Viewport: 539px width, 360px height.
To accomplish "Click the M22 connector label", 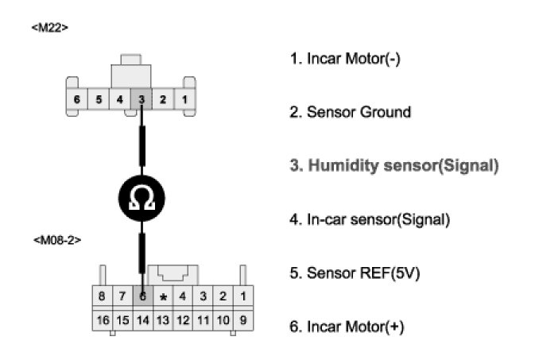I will point(51,27).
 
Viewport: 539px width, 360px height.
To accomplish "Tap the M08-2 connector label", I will point(57,238).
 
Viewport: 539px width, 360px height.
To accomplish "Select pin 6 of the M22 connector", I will point(77,100).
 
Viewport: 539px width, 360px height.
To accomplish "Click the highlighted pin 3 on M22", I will point(141,100).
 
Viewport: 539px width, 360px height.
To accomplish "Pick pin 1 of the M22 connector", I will point(184,100).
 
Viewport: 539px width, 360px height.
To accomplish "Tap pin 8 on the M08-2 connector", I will point(102,297).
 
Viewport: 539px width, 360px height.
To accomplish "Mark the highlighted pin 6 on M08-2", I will point(142,297).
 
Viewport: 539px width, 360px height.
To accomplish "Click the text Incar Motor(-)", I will point(344,60).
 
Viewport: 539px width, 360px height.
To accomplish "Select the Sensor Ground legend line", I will point(350,112).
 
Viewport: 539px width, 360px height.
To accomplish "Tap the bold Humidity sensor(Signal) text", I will point(394,166).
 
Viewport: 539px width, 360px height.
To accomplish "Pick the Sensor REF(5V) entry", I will point(355,273).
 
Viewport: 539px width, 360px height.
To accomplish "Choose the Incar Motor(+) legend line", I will point(347,327).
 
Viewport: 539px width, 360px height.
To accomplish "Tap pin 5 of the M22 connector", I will point(98,100).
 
